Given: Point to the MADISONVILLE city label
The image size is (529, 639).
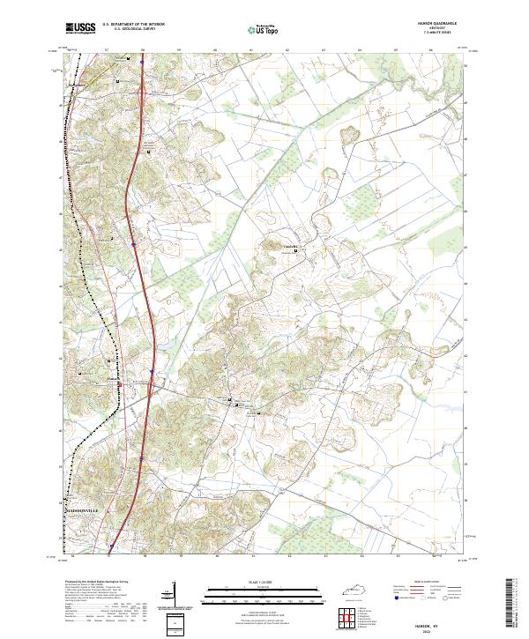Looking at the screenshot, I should pos(86,510).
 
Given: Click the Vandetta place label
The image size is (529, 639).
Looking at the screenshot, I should pos(291,246).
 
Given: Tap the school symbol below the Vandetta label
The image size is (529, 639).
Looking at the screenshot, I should pos(295,254).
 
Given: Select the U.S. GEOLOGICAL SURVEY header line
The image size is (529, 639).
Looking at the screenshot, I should pos(134,30).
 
